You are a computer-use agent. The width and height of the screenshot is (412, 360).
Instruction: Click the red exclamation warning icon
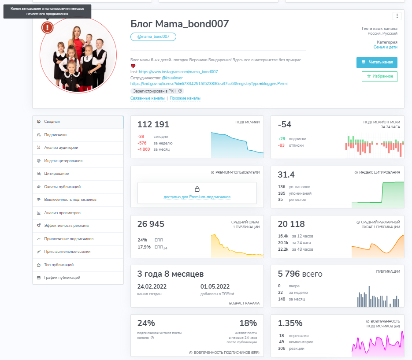tap(47, 27)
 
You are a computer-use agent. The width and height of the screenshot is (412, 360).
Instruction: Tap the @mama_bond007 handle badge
tap(153, 37)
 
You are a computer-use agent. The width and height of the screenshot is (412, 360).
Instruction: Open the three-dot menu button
tap(397, 16)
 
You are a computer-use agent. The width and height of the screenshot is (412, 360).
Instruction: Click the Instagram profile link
tap(178, 71)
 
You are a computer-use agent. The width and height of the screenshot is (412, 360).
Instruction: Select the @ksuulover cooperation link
tap(172, 78)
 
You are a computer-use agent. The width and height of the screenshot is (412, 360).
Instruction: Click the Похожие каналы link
tap(185, 98)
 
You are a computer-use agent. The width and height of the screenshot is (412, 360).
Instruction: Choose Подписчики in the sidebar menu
tap(56, 135)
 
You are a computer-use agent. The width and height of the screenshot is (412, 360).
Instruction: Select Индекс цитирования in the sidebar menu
tap(63, 161)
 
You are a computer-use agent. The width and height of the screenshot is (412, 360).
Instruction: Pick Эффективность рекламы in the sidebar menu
tap(67, 226)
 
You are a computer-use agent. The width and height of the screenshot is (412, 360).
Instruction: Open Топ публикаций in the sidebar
tap(59, 265)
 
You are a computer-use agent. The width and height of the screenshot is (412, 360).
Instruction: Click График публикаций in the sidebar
tap(62, 278)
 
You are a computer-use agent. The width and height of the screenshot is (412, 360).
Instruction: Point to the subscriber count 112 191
tap(153, 125)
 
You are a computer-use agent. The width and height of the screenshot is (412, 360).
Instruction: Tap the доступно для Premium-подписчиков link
tap(197, 197)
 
